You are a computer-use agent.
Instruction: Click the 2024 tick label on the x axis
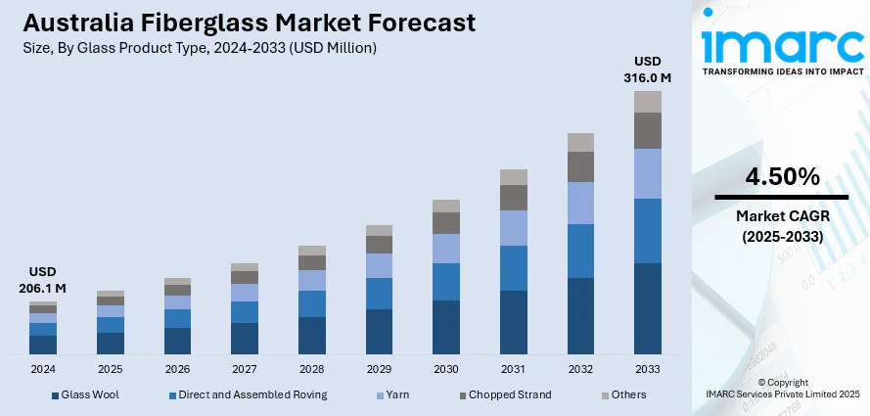[x=43, y=369]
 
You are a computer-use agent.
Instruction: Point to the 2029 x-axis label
[x=379, y=369]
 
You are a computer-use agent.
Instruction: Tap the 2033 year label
[x=648, y=369]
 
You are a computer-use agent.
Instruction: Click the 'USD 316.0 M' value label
[x=648, y=68]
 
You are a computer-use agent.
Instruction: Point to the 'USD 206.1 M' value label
[x=42, y=279]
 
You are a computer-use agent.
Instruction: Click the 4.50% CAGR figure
[x=782, y=177]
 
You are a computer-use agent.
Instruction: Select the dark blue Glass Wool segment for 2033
[x=648, y=307]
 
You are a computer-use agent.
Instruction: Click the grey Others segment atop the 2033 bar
[x=648, y=101]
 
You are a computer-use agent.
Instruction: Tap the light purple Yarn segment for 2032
[x=581, y=203]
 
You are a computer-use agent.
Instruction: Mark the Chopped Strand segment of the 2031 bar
[x=514, y=198]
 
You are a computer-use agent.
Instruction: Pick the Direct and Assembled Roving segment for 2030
[x=446, y=282]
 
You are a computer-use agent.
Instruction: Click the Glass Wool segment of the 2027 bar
[x=245, y=338]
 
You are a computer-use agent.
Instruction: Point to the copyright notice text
[x=782, y=388]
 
